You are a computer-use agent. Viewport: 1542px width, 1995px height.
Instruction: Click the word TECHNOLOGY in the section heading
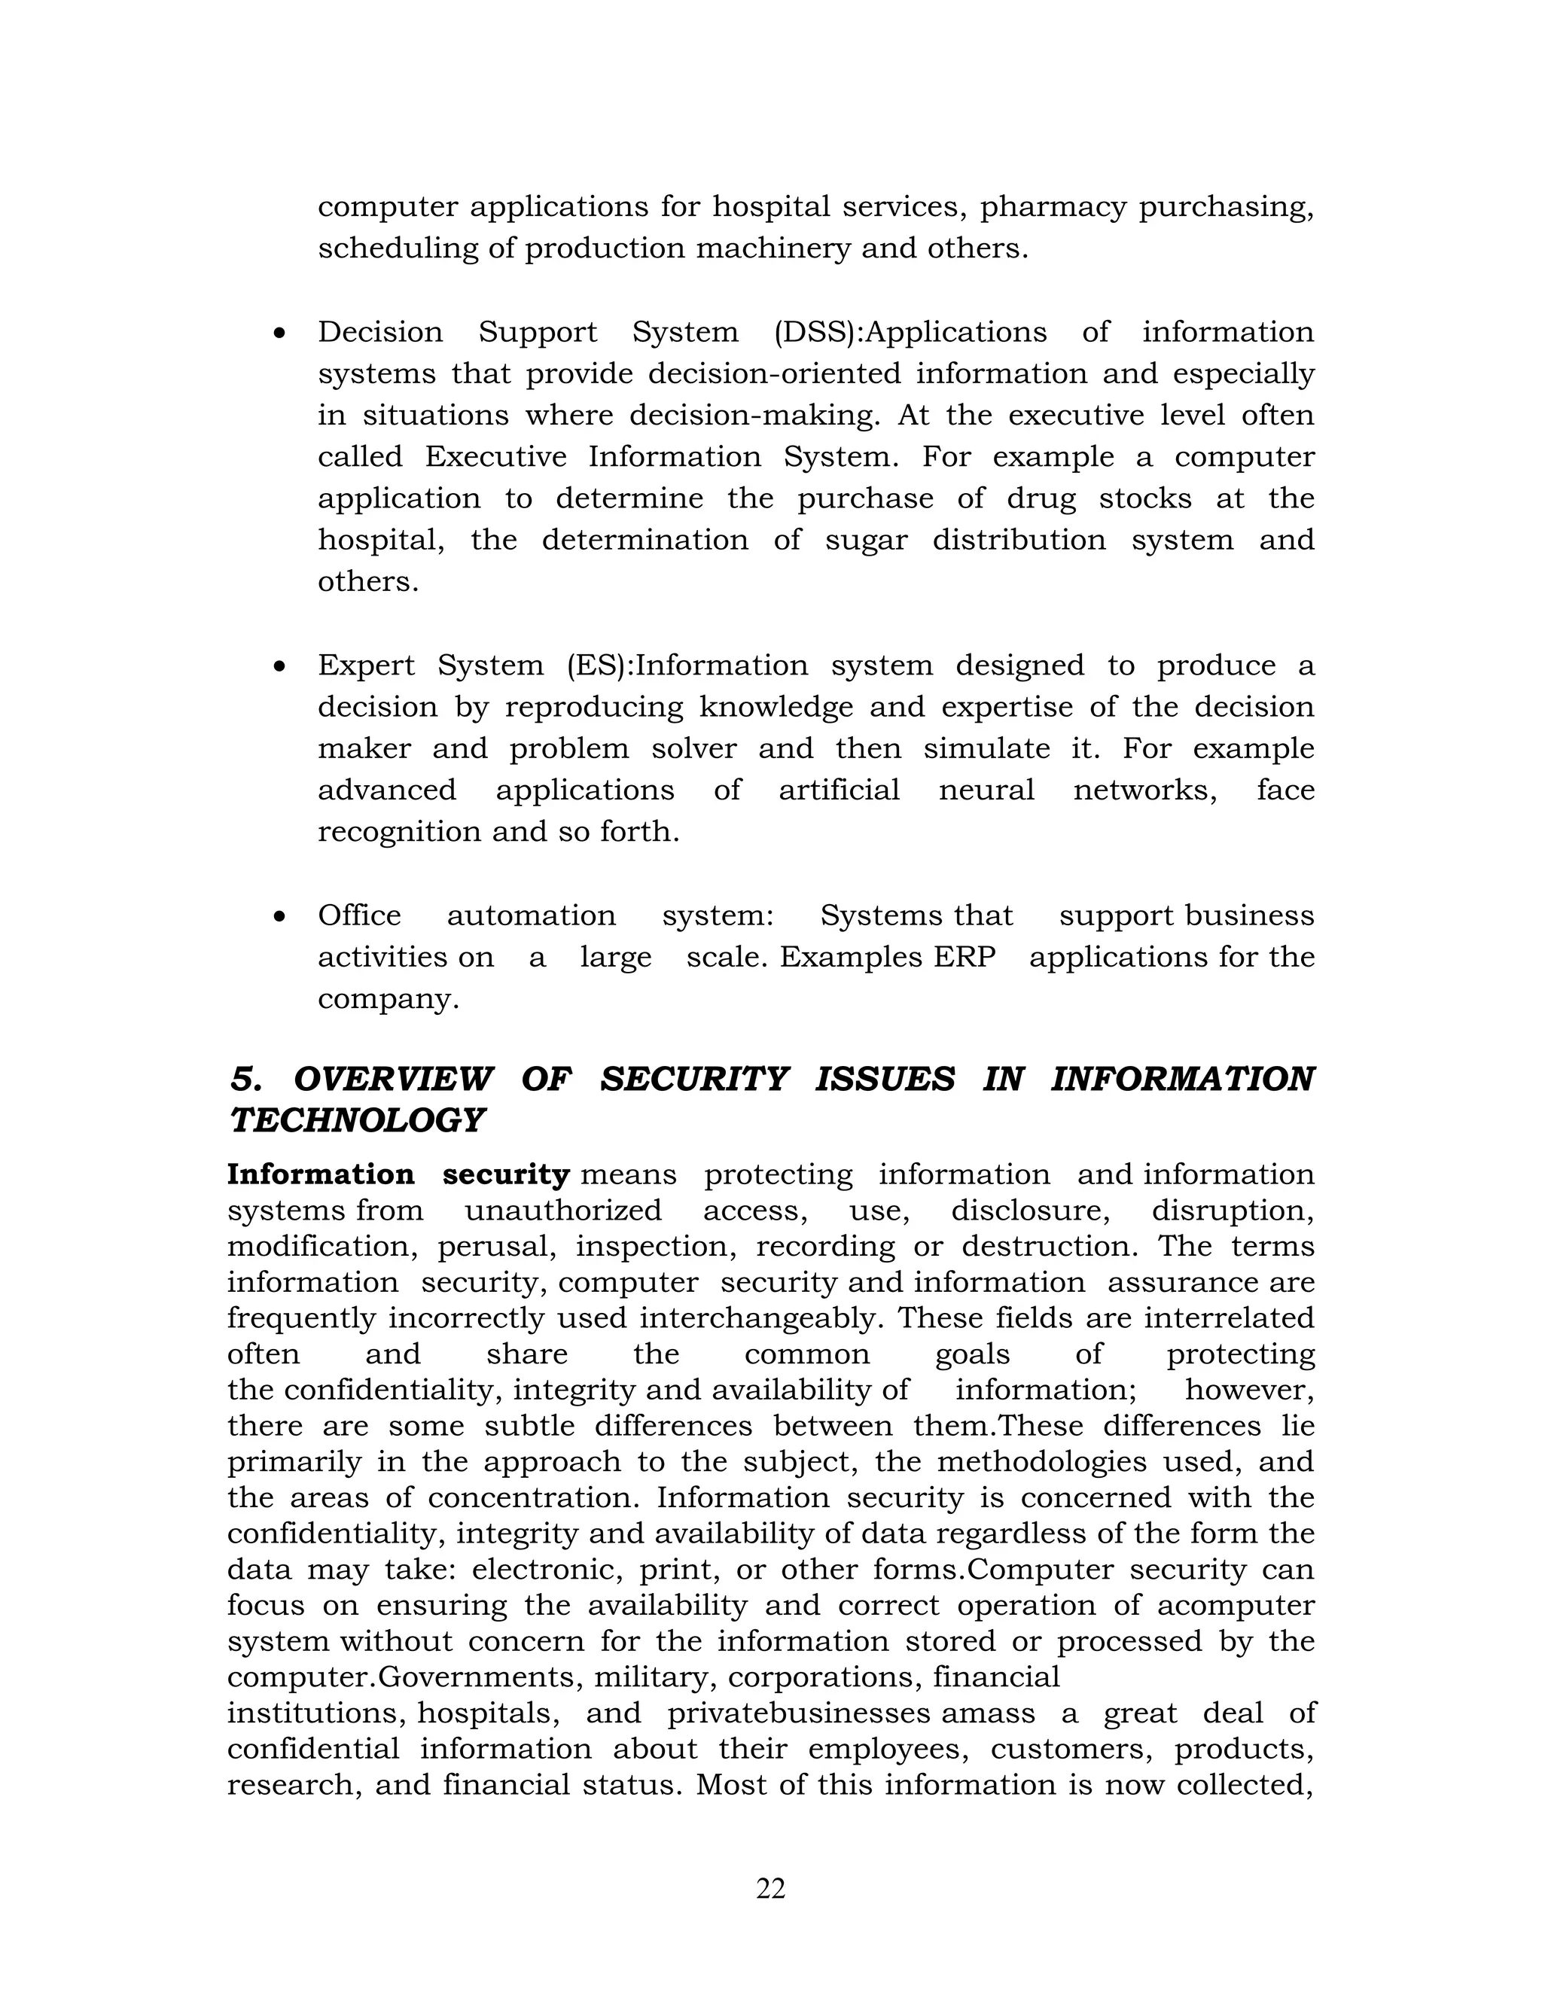point(356,1121)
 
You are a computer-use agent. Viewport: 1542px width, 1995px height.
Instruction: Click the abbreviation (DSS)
point(818,331)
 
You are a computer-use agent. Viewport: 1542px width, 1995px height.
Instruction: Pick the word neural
point(986,789)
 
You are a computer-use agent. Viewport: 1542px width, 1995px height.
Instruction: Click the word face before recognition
point(1284,789)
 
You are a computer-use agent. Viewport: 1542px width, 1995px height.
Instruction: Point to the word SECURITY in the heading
point(693,1079)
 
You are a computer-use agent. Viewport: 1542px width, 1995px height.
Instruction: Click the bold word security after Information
point(506,1174)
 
